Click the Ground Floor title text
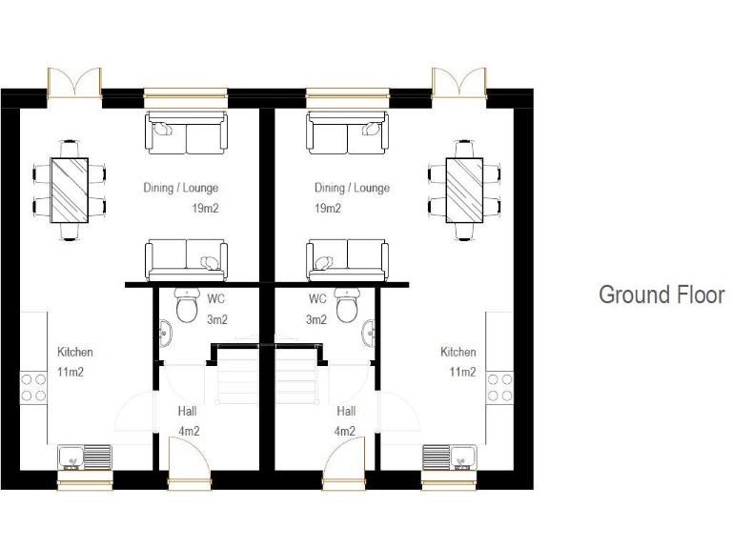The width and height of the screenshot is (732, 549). click(661, 295)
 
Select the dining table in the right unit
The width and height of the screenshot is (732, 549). click(465, 190)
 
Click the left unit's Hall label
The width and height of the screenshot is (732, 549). click(188, 412)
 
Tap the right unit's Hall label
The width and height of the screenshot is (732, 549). click(346, 412)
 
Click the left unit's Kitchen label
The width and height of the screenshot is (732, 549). click(75, 352)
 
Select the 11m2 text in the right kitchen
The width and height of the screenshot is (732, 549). click(462, 372)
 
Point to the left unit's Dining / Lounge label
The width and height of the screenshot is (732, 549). click(173, 188)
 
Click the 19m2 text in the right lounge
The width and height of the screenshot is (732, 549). click(328, 208)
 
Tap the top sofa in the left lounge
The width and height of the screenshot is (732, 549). click(186, 133)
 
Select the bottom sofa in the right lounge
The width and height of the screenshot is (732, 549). click(346, 259)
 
